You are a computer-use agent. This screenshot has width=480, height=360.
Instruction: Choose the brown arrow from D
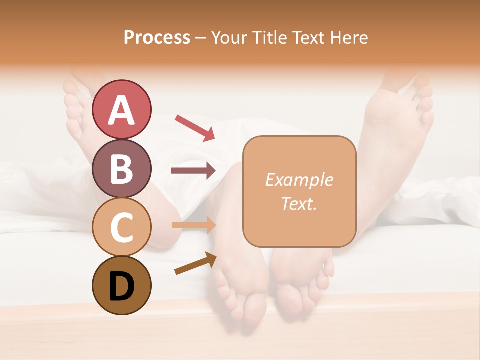point(195,263)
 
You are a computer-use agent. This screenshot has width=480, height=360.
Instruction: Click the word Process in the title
point(157,37)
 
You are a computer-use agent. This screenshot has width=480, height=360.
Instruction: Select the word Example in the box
point(299,180)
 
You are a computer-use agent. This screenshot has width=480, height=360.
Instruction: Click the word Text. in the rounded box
point(299,203)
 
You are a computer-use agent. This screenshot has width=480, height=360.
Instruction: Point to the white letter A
point(121,110)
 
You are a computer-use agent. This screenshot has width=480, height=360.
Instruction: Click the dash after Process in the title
point(201,38)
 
